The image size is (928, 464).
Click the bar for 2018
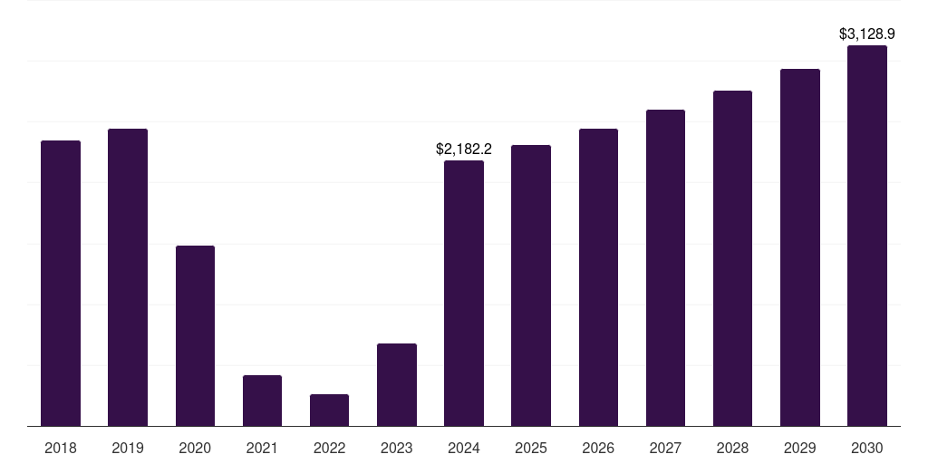click(x=61, y=283)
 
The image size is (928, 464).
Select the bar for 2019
click(x=128, y=277)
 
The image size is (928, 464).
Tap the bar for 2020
click(x=195, y=335)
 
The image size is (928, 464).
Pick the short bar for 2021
click(x=262, y=401)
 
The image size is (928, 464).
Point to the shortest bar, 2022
click(x=329, y=410)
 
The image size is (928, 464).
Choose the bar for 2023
click(x=397, y=384)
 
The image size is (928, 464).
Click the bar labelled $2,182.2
click(x=464, y=293)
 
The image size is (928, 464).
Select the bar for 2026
click(x=598, y=277)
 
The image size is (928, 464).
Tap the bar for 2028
click(x=732, y=258)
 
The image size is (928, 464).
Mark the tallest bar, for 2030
click(x=867, y=236)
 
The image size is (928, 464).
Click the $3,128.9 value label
click(x=867, y=34)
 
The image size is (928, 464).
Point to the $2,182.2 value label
click(x=464, y=149)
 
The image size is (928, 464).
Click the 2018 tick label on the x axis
click(x=61, y=448)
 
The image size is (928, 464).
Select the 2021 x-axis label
click(x=262, y=448)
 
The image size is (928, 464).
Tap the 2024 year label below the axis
click(x=464, y=448)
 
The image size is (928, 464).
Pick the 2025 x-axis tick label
click(x=531, y=448)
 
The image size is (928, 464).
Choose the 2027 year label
click(x=665, y=448)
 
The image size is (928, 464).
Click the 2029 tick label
click(x=800, y=448)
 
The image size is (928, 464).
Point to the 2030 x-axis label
click(x=867, y=448)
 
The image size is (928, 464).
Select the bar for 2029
click(x=800, y=247)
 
